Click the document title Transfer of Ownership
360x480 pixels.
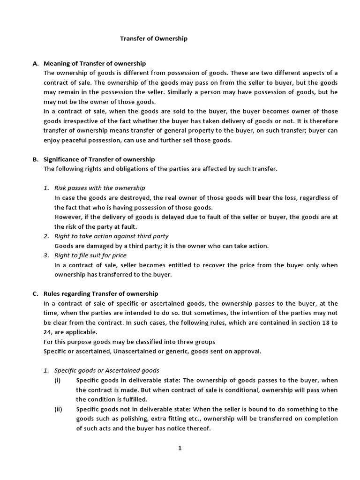153,39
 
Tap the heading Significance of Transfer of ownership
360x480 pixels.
99,159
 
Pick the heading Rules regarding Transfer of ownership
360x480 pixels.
101,294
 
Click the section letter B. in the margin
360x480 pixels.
35,159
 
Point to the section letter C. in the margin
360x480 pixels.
35,294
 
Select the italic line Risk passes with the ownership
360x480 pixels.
100,188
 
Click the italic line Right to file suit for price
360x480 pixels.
90,255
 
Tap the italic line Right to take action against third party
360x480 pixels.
112,236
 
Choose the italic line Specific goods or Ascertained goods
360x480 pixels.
107,370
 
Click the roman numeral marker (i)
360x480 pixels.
58,380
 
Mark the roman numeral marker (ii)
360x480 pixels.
58,409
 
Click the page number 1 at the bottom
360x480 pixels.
180,448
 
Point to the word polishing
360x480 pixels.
126,419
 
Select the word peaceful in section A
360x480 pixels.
75,140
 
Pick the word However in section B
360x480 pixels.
67,217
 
